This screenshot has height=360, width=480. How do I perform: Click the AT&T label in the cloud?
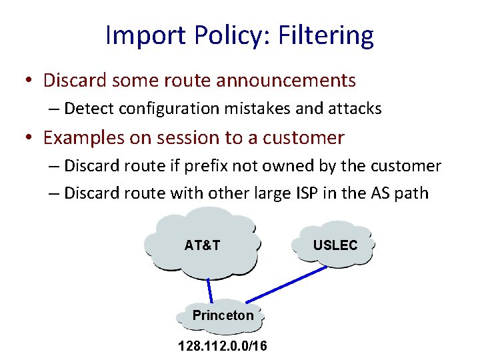point(202,245)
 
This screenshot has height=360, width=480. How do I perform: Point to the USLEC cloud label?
point(335,245)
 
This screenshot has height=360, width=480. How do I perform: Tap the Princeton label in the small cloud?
point(223,315)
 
